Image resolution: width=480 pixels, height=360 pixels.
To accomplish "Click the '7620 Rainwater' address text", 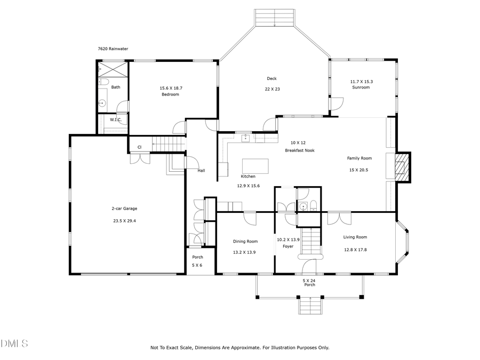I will pyautogui.click(x=113, y=49).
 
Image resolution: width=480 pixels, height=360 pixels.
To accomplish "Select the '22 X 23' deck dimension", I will pyautogui.click(x=272, y=89).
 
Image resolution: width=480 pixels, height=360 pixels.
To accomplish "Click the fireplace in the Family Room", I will pyautogui.click(x=402, y=167).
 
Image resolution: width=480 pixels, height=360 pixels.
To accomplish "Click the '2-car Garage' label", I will pyautogui.click(x=124, y=209).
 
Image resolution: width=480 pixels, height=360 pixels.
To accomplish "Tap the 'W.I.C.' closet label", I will pyautogui.click(x=116, y=120).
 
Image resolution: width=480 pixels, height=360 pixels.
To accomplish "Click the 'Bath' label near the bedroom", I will pyautogui.click(x=116, y=87).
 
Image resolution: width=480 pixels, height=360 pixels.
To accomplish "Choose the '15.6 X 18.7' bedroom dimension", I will pyautogui.click(x=171, y=88).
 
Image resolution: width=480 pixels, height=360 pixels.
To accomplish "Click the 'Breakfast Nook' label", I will pyautogui.click(x=299, y=150).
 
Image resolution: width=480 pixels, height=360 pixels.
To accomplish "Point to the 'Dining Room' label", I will pyautogui.click(x=245, y=242).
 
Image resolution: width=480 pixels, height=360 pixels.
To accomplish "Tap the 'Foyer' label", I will pyautogui.click(x=288, y=246).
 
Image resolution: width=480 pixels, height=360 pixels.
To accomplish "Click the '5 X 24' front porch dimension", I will pyautogui.click(x=309, y=280).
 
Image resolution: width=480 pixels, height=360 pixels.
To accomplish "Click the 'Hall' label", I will pyautogui.click(x=201, y=171).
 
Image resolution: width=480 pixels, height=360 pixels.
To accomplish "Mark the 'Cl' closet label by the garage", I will pyautogui.click(x=139, y=147).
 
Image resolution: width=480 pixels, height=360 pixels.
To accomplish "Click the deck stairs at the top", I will pyautogui.click(x=274, y=18).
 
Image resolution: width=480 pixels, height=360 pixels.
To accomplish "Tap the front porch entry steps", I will pyautogui.click(x=309, y=306).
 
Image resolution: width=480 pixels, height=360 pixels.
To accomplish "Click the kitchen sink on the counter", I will pyautogui.click(x=246, y=139).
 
